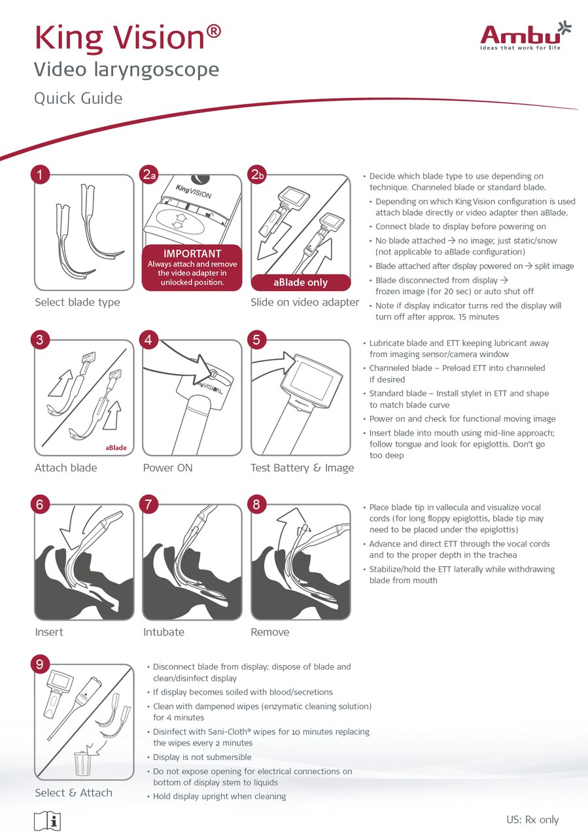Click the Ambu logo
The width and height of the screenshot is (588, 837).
pos(526,36)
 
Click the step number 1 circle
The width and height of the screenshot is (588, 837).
pos(40,175)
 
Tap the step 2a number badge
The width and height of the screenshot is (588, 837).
pos(148,175)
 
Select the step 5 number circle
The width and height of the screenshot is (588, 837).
pos(256,340)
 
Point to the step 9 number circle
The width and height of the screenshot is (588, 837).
pos(40,664)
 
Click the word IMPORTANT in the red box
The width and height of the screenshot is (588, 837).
pos(192,254)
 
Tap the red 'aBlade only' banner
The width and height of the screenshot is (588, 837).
pos(301,282)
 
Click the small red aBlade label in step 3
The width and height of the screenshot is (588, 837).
pos(116,448)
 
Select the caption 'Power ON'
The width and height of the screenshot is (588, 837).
pos(167,468)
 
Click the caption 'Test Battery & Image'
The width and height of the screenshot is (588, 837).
pos(302,468)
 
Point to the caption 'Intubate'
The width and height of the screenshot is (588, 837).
pos(164,632)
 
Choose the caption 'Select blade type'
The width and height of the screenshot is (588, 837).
pos(77,302)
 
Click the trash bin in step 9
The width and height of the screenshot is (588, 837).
pos(82,763)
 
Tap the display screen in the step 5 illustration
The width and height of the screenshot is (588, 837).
pos(311,381)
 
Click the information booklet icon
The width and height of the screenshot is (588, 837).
pos(48,821)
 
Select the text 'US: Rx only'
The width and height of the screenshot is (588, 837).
pos(532,819)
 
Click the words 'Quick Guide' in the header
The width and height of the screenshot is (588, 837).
pos(78,99)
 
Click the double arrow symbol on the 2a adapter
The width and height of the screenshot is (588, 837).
pos(181,222)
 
